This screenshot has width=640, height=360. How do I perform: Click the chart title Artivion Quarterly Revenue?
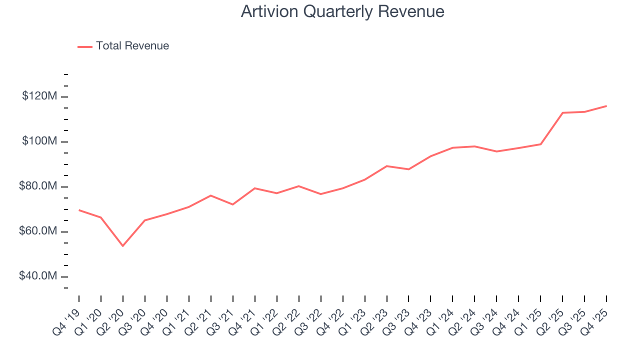pyautogui.click(x=342, y=11)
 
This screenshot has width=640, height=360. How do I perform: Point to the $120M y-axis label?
pyautogui.click(x=39, y=96)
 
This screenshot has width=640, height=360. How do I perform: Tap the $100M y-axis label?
pyautogui.click(x=39, y=141)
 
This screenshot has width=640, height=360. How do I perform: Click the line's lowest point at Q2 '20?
pyautogui.click(x=123, y=246)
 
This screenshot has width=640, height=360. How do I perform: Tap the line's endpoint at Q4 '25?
pyautogui.click(x=606, y=106)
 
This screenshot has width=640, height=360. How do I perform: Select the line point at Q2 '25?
pyautogui.click(x=562, y=113)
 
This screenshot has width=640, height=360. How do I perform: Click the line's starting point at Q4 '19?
pyautogui.click(x=79, y=210)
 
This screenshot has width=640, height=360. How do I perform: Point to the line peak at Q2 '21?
pyautogui.click(x=211, y=195)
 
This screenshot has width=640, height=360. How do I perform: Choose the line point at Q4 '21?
pyautogui.click(x=255, y=188)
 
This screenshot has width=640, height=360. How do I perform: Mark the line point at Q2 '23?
pyautogui.click(x=387, y=166)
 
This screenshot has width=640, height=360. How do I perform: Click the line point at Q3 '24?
pyautogui.click(x=496, y=151)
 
